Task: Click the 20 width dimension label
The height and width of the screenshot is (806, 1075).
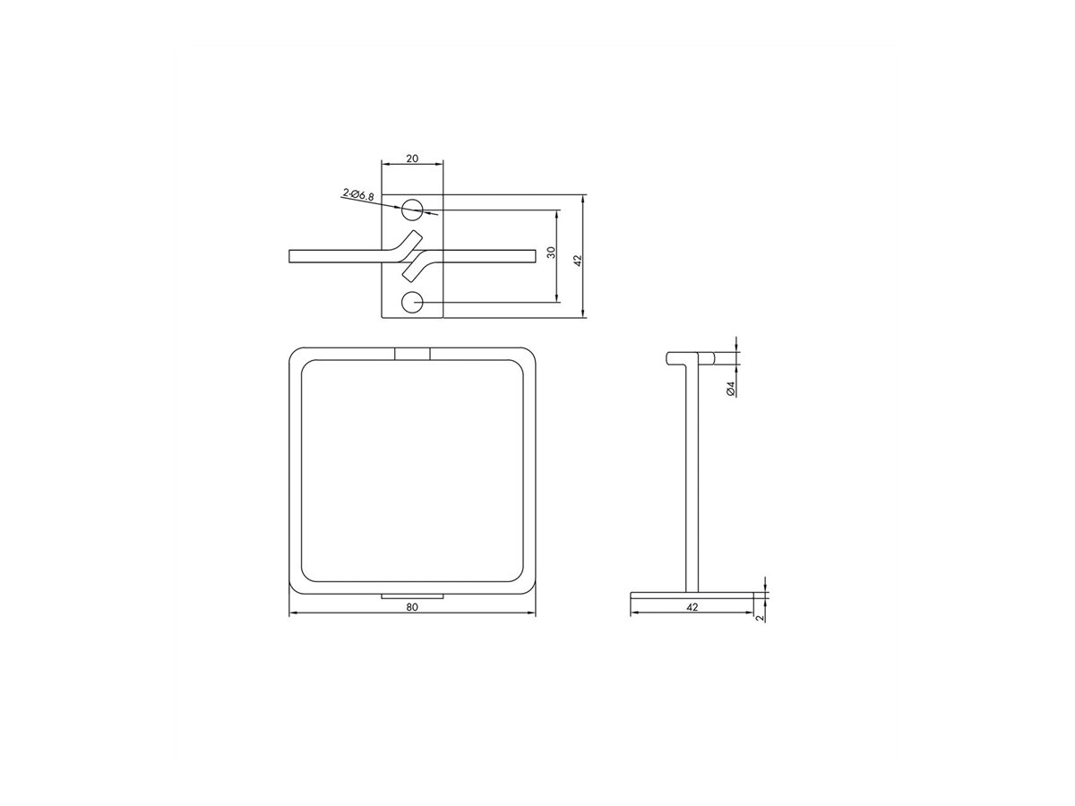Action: click(x=412, y=159)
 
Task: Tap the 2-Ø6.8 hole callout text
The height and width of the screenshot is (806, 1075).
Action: click(x=358, y=194)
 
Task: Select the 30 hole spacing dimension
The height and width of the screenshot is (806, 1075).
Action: click(x=552, y=253)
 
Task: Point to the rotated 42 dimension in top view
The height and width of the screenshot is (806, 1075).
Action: click(x=578, y=261)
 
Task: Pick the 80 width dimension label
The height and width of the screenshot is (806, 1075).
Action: click(x=412, y=607)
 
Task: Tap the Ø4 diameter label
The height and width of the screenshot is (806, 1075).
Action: click(x=731, y=388)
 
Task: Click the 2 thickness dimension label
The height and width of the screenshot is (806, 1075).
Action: click(x=760, y=618)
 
